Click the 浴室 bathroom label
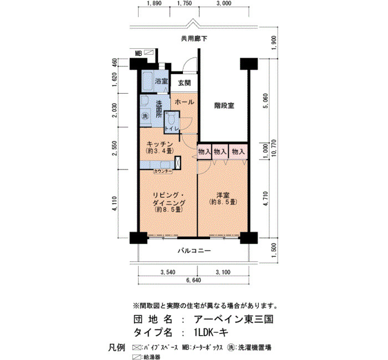coord(161,81)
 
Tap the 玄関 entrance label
coord(185,83)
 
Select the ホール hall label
coord(185,102)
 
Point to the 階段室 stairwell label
coord(224,106)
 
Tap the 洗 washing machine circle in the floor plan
coord(145,116)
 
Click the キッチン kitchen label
coord(160,143)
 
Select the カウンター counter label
coord(163,171)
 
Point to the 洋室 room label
coord(223,195)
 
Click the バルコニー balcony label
coord(195,251)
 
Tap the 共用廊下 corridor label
coord(194,39)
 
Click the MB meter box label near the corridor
coord(139,53)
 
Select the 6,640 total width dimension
coord(193,280)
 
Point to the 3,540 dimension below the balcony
coord(168,272)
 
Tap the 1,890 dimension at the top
coord(154,3)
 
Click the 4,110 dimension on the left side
coord(115,203)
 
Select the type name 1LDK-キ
coord(211,333)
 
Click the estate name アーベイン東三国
coord(233,320)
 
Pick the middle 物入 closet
coord(220,152)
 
